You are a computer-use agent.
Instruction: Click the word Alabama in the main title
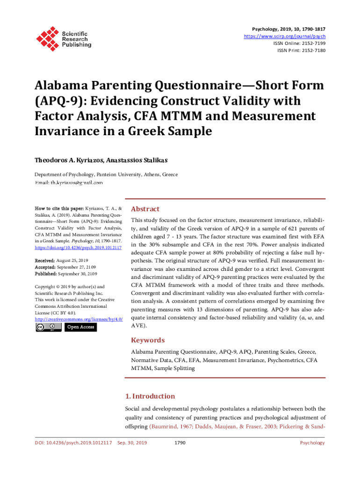(x=65, y=86)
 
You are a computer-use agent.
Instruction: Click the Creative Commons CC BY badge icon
(x=48, y=327)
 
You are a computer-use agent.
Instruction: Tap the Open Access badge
(x=80, y=327)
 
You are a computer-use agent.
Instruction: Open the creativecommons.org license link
(x=79, y=319)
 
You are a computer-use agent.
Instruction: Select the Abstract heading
(x=145, y=209)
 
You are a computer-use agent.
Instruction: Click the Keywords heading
(x=148, y=340)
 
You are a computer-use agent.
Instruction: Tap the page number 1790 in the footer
(x=180, y=443)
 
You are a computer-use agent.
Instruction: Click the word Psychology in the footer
(x=312, y=443)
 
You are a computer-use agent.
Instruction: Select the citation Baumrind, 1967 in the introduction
(x=170, y=427)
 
